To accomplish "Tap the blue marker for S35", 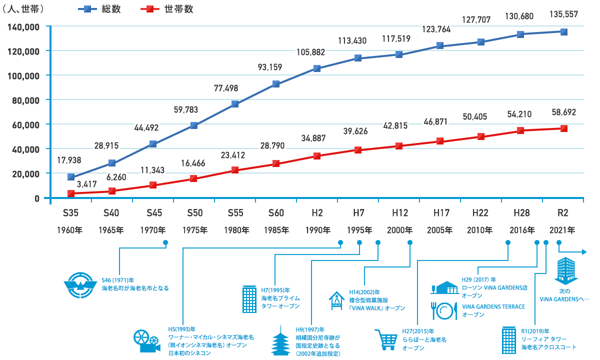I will tap(71, 177).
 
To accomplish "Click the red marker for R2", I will tap(563, 128).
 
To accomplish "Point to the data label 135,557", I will tap(563, 14).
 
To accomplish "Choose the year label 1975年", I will tap(194, 230).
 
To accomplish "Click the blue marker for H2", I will tap(317, 68).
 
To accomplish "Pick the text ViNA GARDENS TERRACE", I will tap(493, 306).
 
